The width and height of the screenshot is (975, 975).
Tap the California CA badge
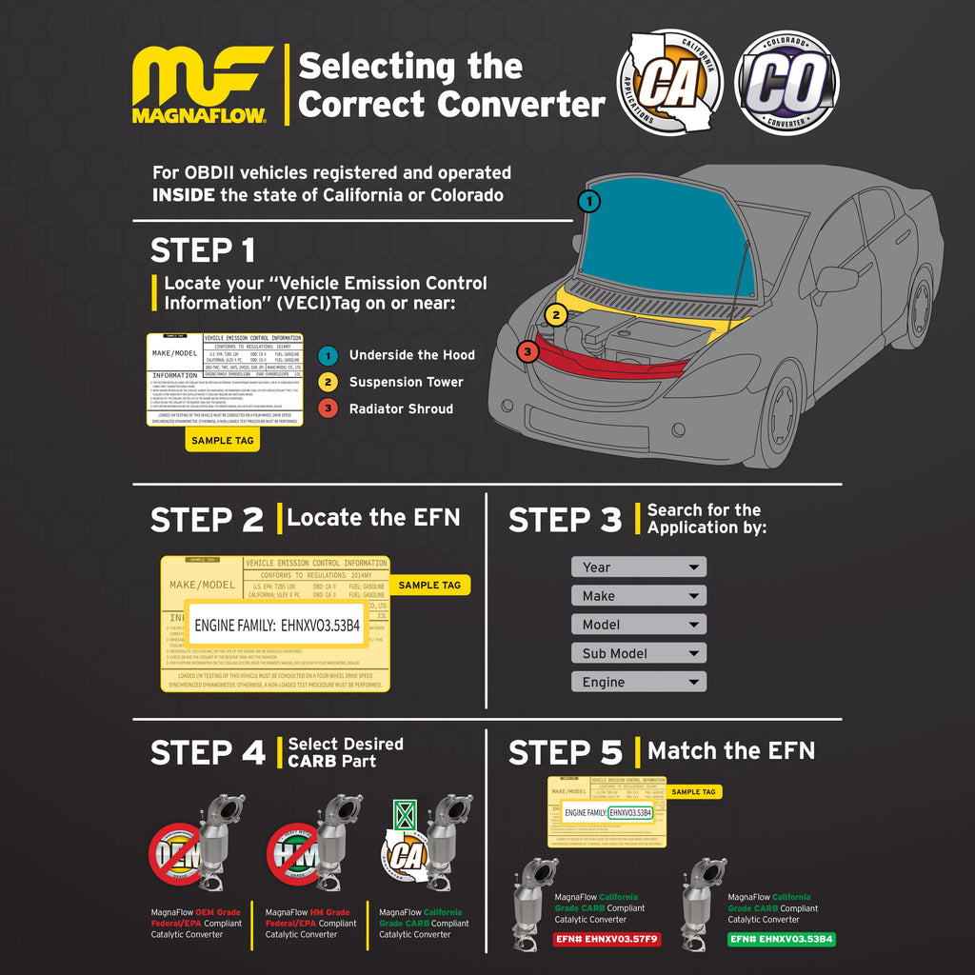(x=669, y=82)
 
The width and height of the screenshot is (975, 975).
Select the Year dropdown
(x=639, y=567)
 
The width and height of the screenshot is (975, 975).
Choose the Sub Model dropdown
(x=639, y=653)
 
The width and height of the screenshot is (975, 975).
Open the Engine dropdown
(x=639, y=682)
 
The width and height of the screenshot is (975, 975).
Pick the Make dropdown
(x=639, y=596)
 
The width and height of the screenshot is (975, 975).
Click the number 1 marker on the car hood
(x=589, y=201)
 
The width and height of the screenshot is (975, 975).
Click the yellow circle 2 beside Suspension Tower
(x=328, y=382)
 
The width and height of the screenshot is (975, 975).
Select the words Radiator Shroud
(x=401, y=408)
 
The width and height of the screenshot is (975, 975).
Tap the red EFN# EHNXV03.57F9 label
(x=606, y=939)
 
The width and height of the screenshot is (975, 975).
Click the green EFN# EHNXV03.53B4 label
(x=782, y=939)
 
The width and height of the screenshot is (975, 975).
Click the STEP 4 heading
(x=208, y=753)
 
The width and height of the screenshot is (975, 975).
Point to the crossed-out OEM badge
(x=177, y=851)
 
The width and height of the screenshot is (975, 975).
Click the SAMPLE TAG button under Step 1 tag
(x=222, y=441)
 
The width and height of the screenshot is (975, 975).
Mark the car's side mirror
(x=836, y=279)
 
